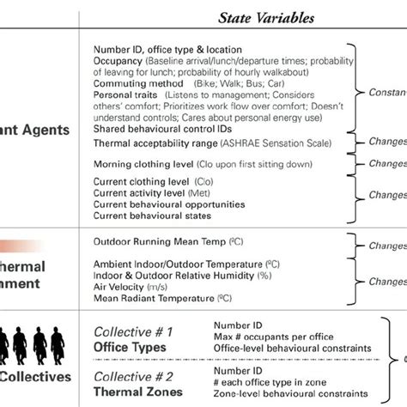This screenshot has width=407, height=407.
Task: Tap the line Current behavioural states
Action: (x=138, y=216)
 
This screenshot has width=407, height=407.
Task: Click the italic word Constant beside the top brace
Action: (x=386, y=92)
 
